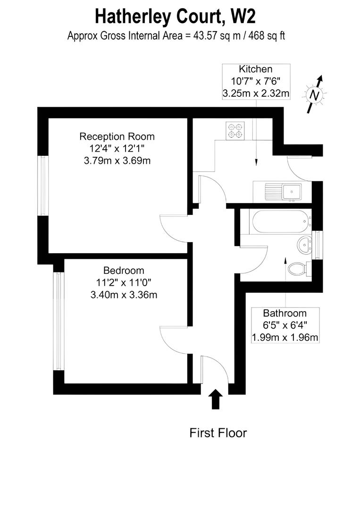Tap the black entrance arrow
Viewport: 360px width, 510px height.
coord(216,399)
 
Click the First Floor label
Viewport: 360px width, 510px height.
coord(218,433)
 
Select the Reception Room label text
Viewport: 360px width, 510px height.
coord(117,137)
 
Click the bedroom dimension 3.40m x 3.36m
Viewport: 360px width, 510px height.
coord(124,295)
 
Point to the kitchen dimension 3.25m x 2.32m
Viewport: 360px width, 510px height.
coord(256,93)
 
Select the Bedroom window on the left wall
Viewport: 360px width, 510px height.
coord(59,321)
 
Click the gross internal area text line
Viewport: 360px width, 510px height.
coord(176,36)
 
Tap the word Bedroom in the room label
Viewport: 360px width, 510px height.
coord(124,271)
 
